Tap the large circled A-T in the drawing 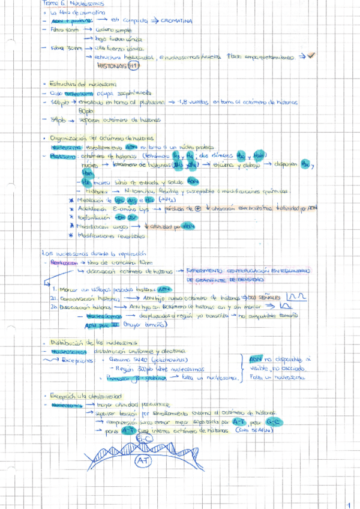pyautogui.click(x=143, y=461)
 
